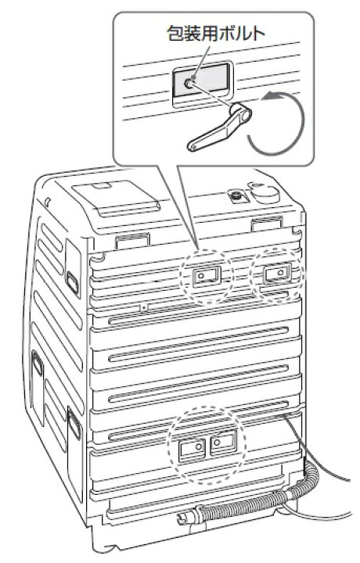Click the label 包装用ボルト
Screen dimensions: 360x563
point(216,34)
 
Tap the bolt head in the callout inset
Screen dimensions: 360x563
point(189,84)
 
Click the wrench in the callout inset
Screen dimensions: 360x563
point(219,127)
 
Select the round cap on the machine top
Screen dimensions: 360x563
point(265,194)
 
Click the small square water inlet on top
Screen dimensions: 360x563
point(236,196)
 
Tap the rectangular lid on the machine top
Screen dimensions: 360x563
point(115,197)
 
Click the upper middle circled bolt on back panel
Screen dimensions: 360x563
point(201,275)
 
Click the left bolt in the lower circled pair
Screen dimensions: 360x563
point(197,447)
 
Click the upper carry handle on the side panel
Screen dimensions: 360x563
point(73,282)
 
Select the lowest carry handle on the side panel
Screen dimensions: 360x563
point(74,423)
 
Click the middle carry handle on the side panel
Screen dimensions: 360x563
point(38,364)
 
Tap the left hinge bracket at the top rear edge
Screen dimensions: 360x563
point(132,241)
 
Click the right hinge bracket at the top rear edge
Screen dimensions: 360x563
point(266,223)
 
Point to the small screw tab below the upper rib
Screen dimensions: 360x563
point(144,307)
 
